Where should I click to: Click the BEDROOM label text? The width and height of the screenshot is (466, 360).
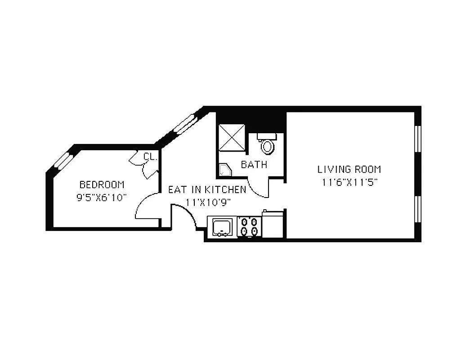coord(102,184)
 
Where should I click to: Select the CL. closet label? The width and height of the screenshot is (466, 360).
coord(150,157)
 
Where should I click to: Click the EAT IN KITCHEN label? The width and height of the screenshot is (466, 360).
coord(207,189)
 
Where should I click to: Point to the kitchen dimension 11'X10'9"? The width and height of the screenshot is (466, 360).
coord(208,202)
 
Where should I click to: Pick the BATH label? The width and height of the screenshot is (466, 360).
coord(254,165)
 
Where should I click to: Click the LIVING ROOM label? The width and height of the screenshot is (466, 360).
coord(349,170)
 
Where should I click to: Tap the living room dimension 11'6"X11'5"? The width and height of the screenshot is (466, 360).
coord(349,183)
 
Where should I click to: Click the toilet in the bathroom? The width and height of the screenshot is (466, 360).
coord(267,145)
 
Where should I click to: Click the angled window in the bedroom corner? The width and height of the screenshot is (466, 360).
coord(63,160)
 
